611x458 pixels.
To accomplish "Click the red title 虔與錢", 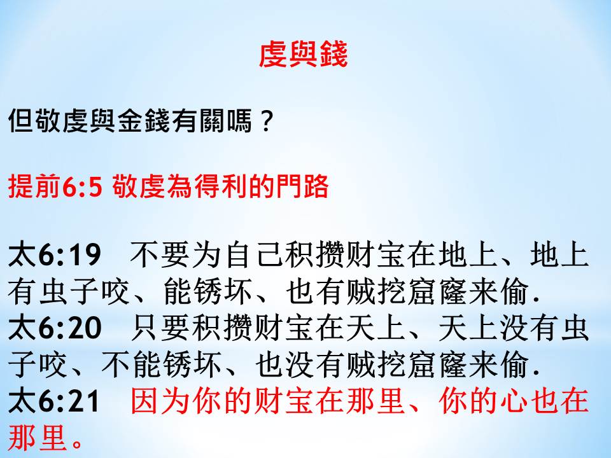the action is (303, 55).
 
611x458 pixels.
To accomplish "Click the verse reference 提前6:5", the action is (55, 186).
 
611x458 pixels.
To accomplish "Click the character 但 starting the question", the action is (20, 120).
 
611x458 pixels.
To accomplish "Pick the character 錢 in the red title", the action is (333, 55).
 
